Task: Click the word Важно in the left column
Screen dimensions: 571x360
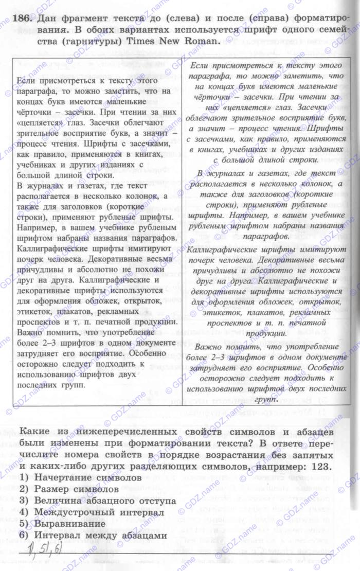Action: [x=29, y=332]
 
